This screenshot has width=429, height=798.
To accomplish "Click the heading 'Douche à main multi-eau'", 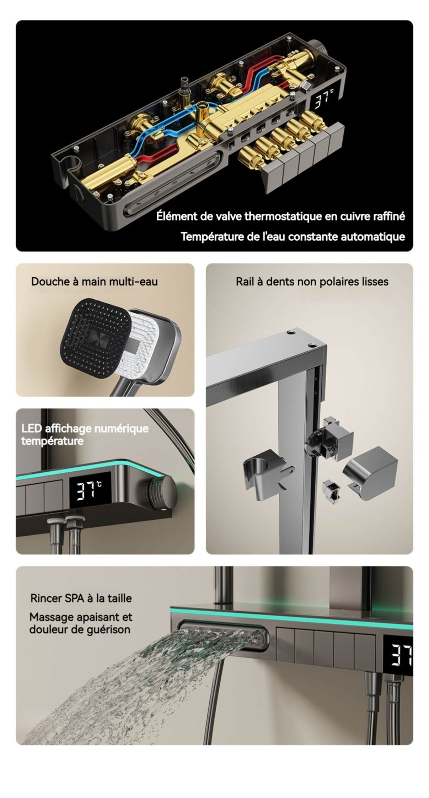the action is coord(94,281).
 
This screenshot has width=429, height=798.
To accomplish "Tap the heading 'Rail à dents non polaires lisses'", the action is coord(312,282).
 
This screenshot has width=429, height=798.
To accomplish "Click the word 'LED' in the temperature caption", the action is coord(31,428).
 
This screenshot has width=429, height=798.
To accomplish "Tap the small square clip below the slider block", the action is coord(331,492).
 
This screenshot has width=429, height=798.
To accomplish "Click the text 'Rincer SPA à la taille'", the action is coord(81,598).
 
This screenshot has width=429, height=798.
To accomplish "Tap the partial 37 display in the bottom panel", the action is coord(402,654).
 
